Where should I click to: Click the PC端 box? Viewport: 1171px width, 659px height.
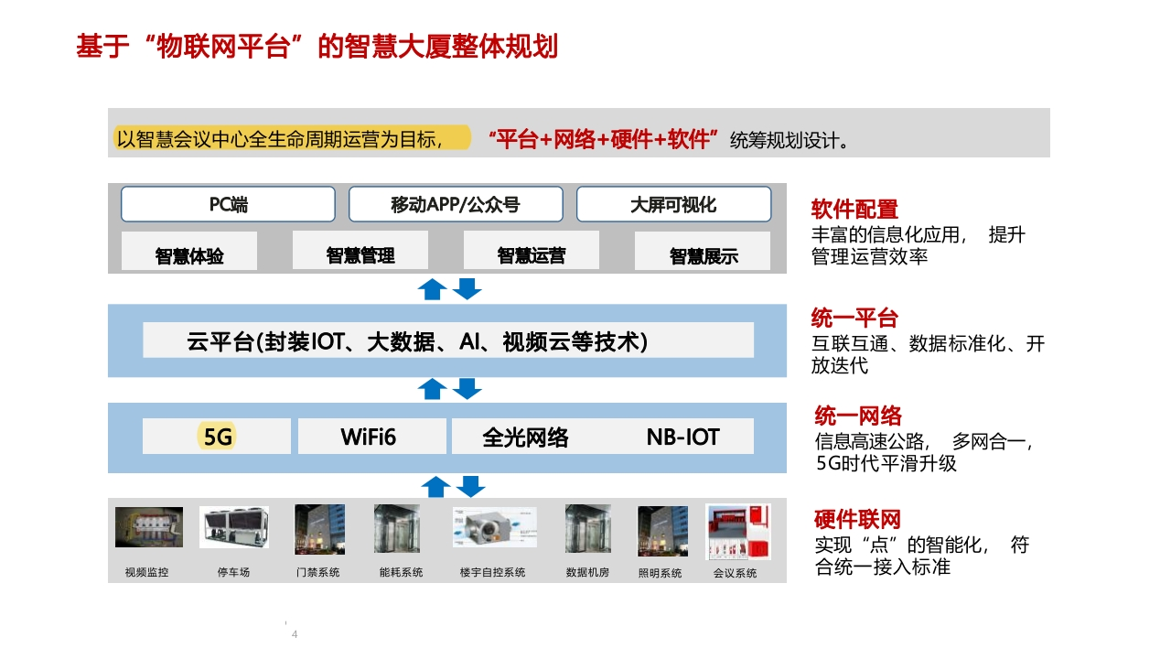point(228,204)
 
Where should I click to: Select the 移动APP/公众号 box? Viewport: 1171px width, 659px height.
point(456,204)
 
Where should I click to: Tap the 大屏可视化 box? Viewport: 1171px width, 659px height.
point(673,204)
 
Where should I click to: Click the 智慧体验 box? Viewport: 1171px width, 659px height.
point(189,251)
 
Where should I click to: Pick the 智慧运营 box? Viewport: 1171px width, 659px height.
point(532,251)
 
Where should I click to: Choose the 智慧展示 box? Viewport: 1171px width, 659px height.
point(703,251)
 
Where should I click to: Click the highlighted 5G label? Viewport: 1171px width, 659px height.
point(217,437)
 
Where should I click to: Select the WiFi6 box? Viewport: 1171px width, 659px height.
point(371,437)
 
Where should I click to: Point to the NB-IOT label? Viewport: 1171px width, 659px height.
point(682,437)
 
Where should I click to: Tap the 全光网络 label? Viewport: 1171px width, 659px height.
point(525,438)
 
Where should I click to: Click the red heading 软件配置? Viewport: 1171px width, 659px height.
point(854,210)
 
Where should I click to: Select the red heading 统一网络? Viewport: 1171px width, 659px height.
point(858,416)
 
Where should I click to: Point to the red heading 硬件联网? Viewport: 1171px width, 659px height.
point(857,519)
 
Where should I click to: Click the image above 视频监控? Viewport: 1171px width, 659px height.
point(149,526)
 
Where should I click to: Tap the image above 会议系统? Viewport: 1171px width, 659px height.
point(737,532)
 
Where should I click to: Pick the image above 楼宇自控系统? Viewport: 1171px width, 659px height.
point(495,527)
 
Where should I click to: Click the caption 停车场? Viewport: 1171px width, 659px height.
point(233,572)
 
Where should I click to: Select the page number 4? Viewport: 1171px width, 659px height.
point(295,634)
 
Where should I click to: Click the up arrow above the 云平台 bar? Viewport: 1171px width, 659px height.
point(433,289)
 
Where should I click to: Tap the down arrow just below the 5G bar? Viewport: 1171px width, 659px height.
point(470,486)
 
